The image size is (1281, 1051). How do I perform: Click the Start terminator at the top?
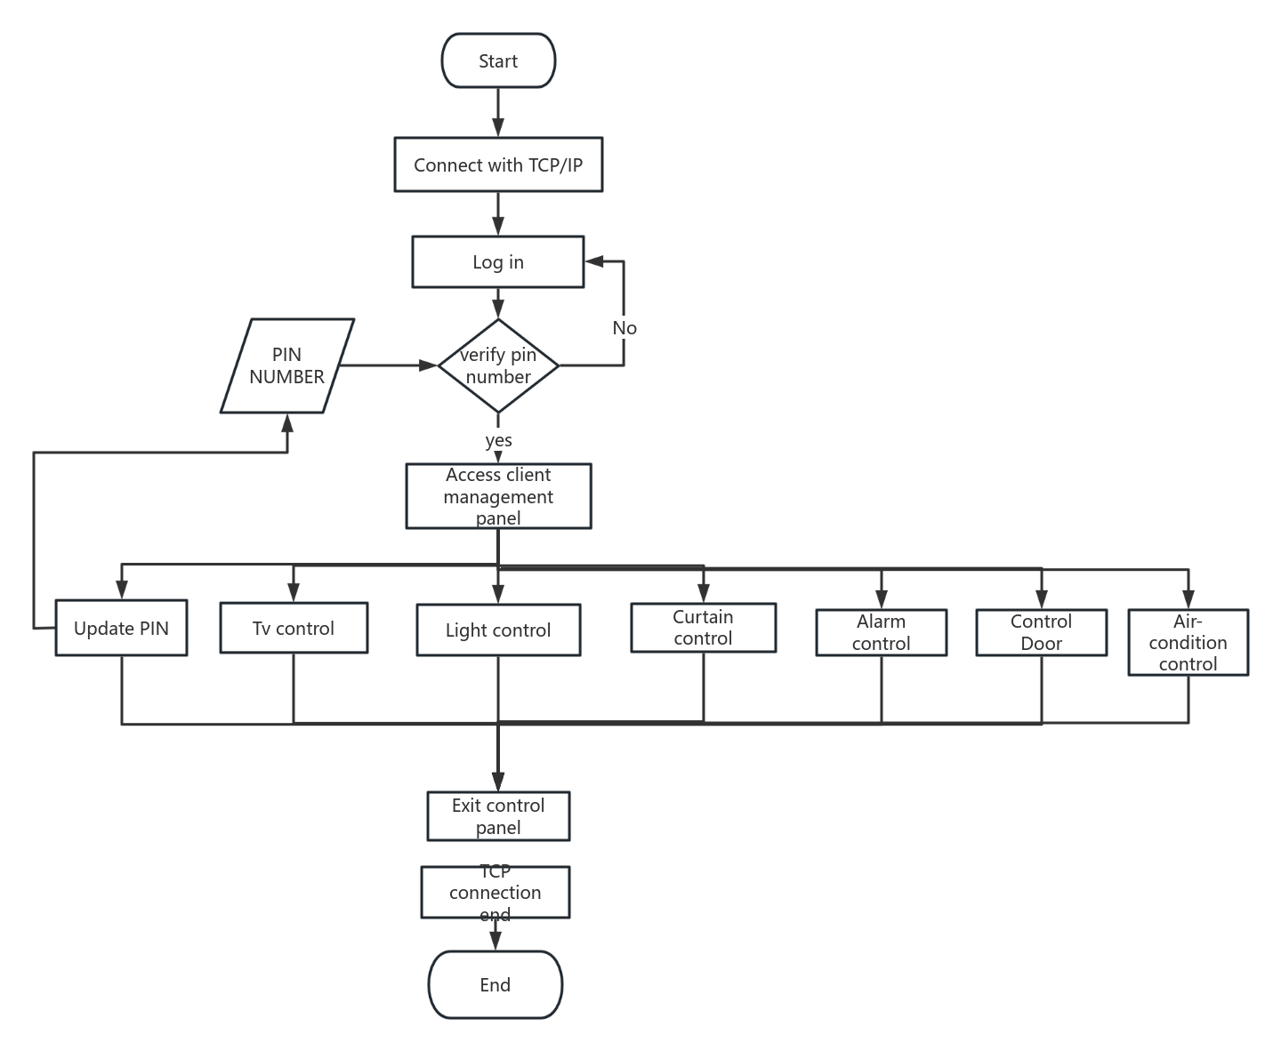pos(498,60)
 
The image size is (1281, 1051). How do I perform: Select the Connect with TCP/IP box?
pos(498,164)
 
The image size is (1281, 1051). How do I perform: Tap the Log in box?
pos(498,261)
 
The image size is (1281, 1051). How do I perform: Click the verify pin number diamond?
pos(498,365)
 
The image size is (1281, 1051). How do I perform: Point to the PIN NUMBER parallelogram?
pos(287,365)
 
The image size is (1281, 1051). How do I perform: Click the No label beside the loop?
pos(624,328)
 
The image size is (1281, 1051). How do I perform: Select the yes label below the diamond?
pos(498,440)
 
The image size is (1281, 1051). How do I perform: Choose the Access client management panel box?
pos(498,496)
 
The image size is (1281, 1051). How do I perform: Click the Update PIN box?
pos(121,628)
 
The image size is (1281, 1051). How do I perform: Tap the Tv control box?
pos(294,628)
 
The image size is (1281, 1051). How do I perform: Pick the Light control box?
pos(498,630)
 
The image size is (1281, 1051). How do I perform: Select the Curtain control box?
pos(703,628)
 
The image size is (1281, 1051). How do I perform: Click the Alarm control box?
pos(881,632)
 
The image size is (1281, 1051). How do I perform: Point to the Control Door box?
pos(1041,632)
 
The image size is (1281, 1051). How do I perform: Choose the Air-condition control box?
pos(1188,642)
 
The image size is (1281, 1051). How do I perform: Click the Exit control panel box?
pos(498,816)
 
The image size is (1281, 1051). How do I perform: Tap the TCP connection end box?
pos(495,892)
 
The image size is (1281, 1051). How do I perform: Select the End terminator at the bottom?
pos(495,984)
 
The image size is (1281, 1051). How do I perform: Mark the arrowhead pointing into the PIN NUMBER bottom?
pos(287,421)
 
